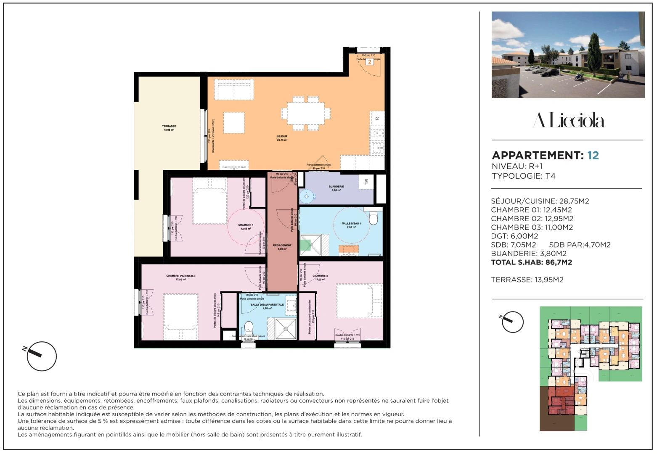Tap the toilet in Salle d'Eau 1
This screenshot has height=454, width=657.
click(x=373, y=218)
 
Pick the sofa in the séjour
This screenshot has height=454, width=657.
click(x=234, y=90)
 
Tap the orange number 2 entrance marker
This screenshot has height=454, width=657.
click(x=370, y=62)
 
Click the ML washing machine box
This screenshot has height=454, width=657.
click(x=366, y=182)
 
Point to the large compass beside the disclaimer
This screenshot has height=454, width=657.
click(x=41, y=356)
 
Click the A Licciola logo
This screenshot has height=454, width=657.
click(x=568, y=121)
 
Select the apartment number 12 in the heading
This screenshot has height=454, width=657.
click(x=593, y=156)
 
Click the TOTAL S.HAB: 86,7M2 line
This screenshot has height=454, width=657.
click(x=531, y=262)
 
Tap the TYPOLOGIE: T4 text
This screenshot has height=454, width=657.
click(x=523, y=176)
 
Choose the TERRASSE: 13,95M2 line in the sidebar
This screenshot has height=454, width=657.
click(x=527, y=280)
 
